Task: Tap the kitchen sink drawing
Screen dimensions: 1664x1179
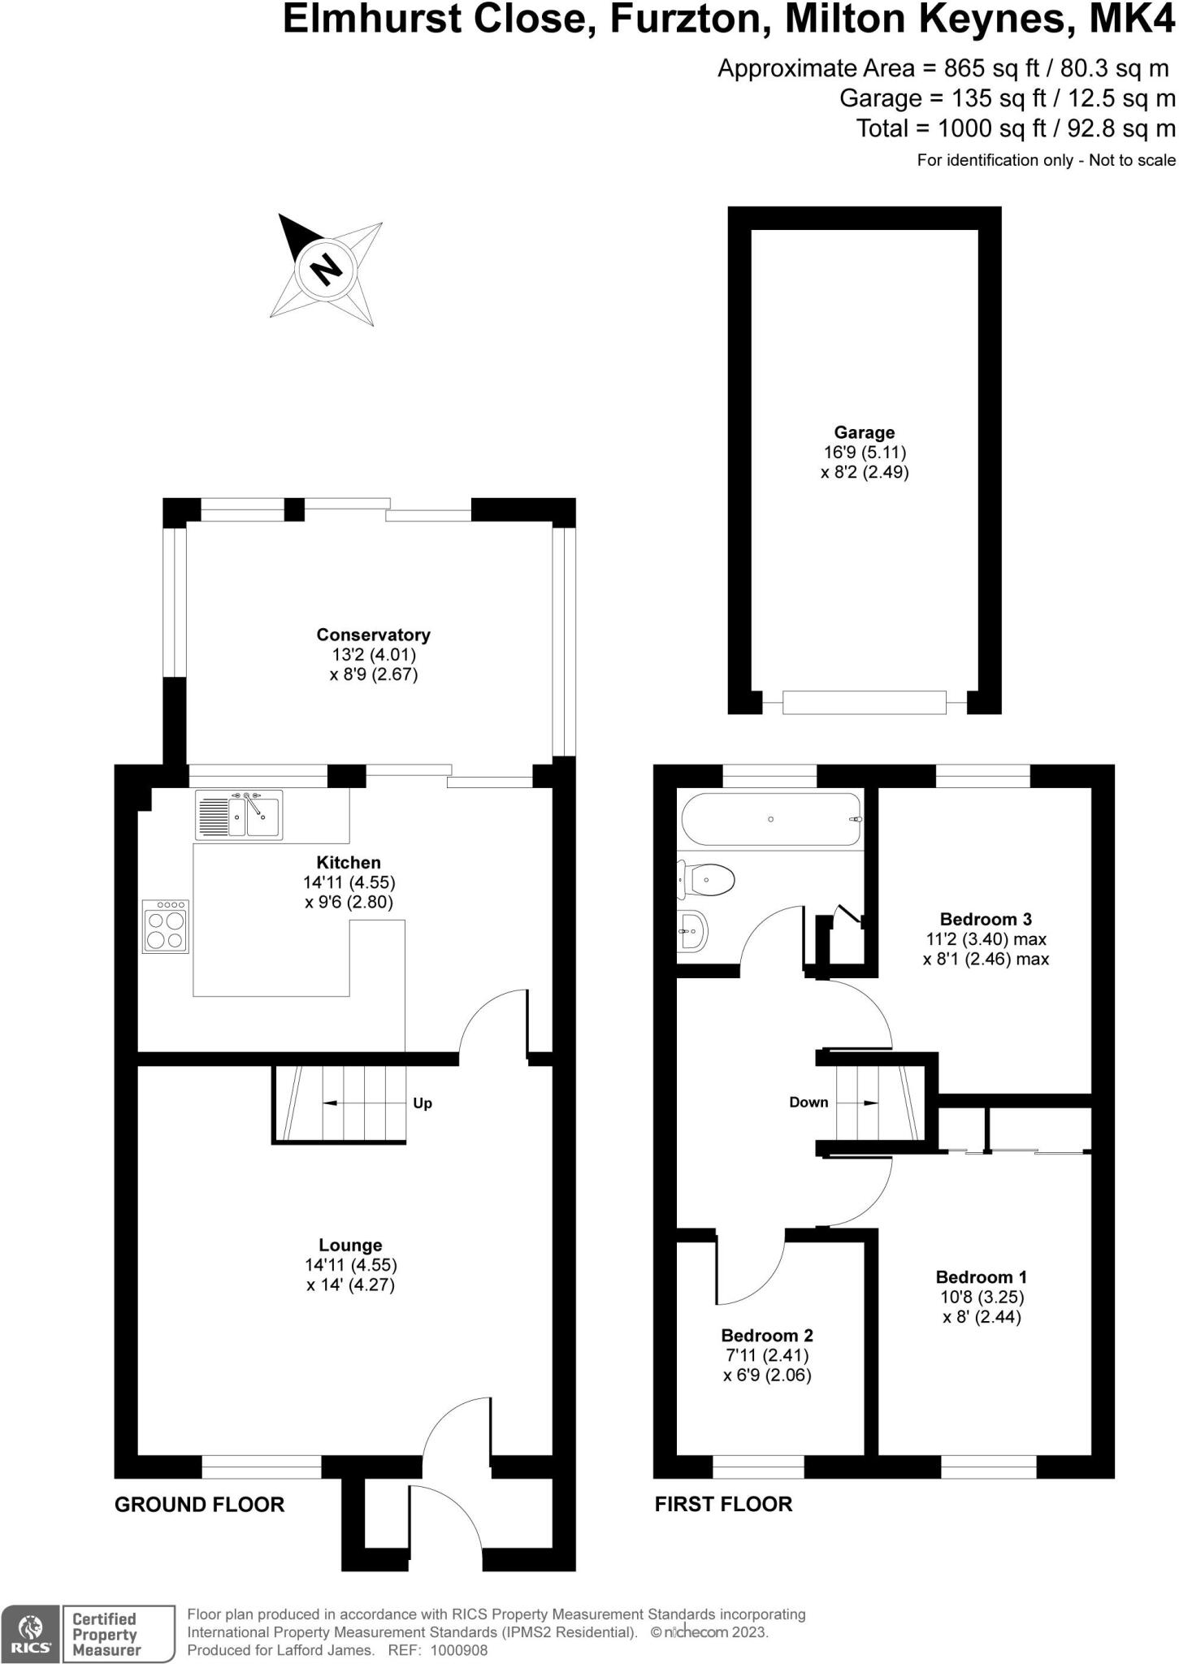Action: pos(240,815)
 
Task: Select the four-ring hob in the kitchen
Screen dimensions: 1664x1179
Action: pos(166,925)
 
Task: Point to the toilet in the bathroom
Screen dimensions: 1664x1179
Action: pos(709,880)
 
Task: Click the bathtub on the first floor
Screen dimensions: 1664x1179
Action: pos(770,819)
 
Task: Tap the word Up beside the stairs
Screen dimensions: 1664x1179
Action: pos(423,1103)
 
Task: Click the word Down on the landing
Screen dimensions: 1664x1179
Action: pos(808,1103)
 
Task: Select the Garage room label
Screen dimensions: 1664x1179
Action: pos(864,432)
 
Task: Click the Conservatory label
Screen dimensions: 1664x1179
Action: pos(373,635)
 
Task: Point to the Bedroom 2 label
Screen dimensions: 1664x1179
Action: pos(767,1336)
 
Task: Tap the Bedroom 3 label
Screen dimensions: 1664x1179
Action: pos(986,919)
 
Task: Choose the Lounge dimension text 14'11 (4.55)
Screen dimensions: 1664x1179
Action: pos(351,1265)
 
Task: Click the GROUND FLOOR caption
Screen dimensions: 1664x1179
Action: pos(200,1505)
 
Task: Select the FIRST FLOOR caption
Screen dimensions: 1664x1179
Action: pos(723,1505)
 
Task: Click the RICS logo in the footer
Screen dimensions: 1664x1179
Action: pos(31,1633)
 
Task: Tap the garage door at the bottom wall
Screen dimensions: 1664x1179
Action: pos(864,702)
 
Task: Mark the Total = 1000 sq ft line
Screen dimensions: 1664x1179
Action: pos(1016,128)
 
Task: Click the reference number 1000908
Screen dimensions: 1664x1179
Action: pos(459,1650)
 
